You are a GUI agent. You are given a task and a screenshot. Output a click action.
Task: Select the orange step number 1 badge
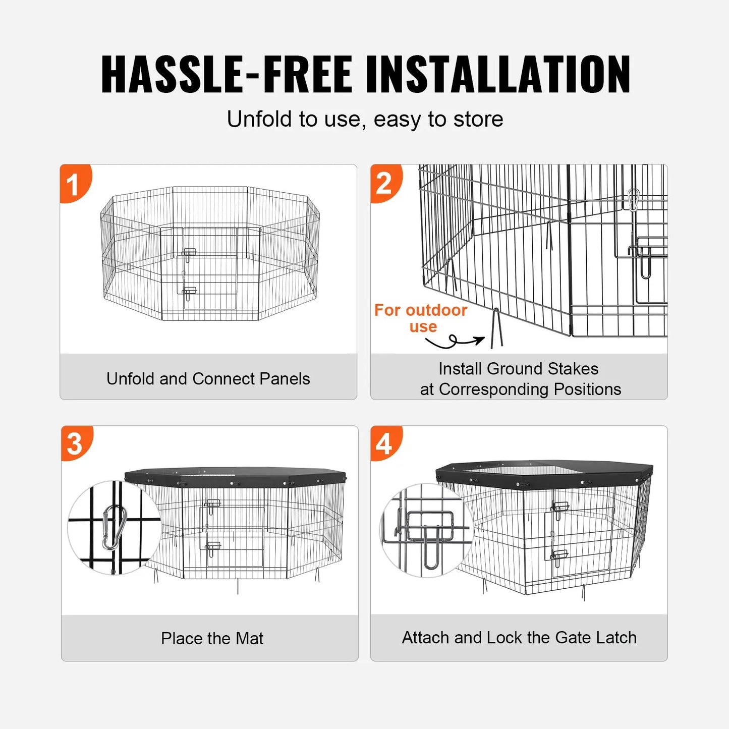[74, 183]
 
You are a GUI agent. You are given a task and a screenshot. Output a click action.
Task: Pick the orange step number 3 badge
[75, 443]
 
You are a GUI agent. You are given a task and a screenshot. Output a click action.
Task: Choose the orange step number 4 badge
[384, 443]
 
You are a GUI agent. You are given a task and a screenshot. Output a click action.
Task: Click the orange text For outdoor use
[421, 318]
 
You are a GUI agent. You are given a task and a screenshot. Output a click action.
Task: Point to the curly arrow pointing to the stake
[454, 342]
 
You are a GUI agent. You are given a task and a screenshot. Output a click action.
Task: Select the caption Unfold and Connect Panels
[208, 378]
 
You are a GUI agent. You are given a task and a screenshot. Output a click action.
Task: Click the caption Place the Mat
[212, 638]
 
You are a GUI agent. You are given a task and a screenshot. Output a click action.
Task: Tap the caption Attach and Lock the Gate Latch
[519, 638]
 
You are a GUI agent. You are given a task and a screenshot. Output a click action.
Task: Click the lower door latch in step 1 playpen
[189, 292]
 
